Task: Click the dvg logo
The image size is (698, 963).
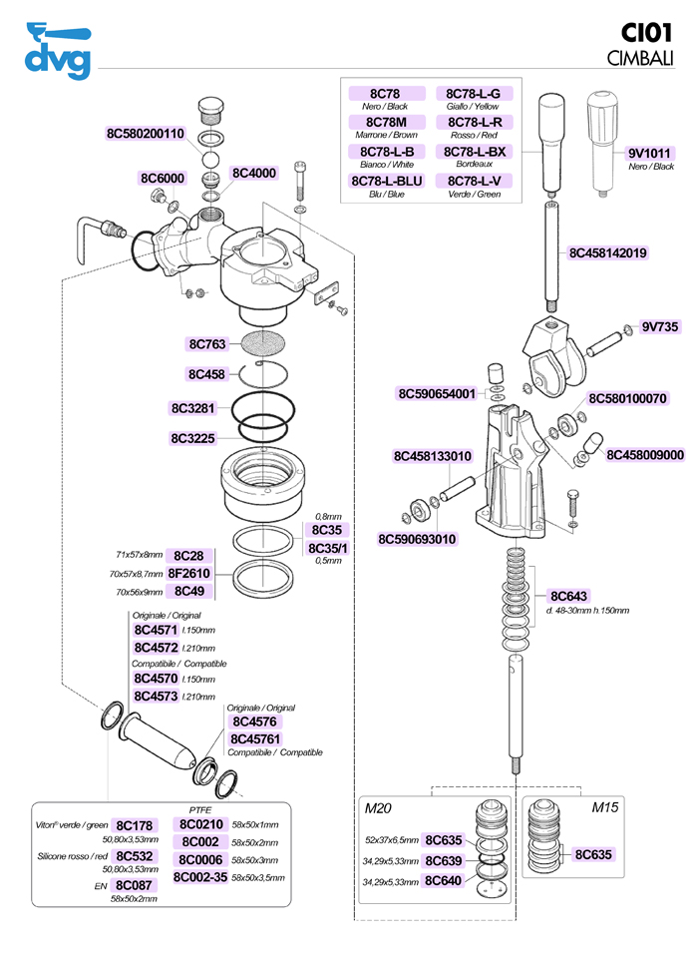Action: coord(57,51)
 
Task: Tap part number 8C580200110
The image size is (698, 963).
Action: coord(146,134)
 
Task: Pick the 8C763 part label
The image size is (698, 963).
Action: coord(207,344)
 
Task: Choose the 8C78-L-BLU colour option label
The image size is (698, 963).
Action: coord(386,181)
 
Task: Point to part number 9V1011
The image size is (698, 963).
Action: coord(649,153)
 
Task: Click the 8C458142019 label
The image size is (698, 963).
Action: coord(608,253)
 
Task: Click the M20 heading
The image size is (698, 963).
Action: coord(377,806)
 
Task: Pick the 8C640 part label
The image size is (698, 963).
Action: coord(443,881)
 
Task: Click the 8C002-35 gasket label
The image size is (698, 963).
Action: coord(200,877)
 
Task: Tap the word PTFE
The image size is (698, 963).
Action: coord(200,809)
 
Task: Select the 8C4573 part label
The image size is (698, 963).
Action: coord(156,696)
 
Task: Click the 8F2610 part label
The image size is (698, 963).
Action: coord(188,574)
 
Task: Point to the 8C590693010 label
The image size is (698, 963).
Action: coord(417,540)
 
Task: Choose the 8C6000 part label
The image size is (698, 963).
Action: coord(162,178)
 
